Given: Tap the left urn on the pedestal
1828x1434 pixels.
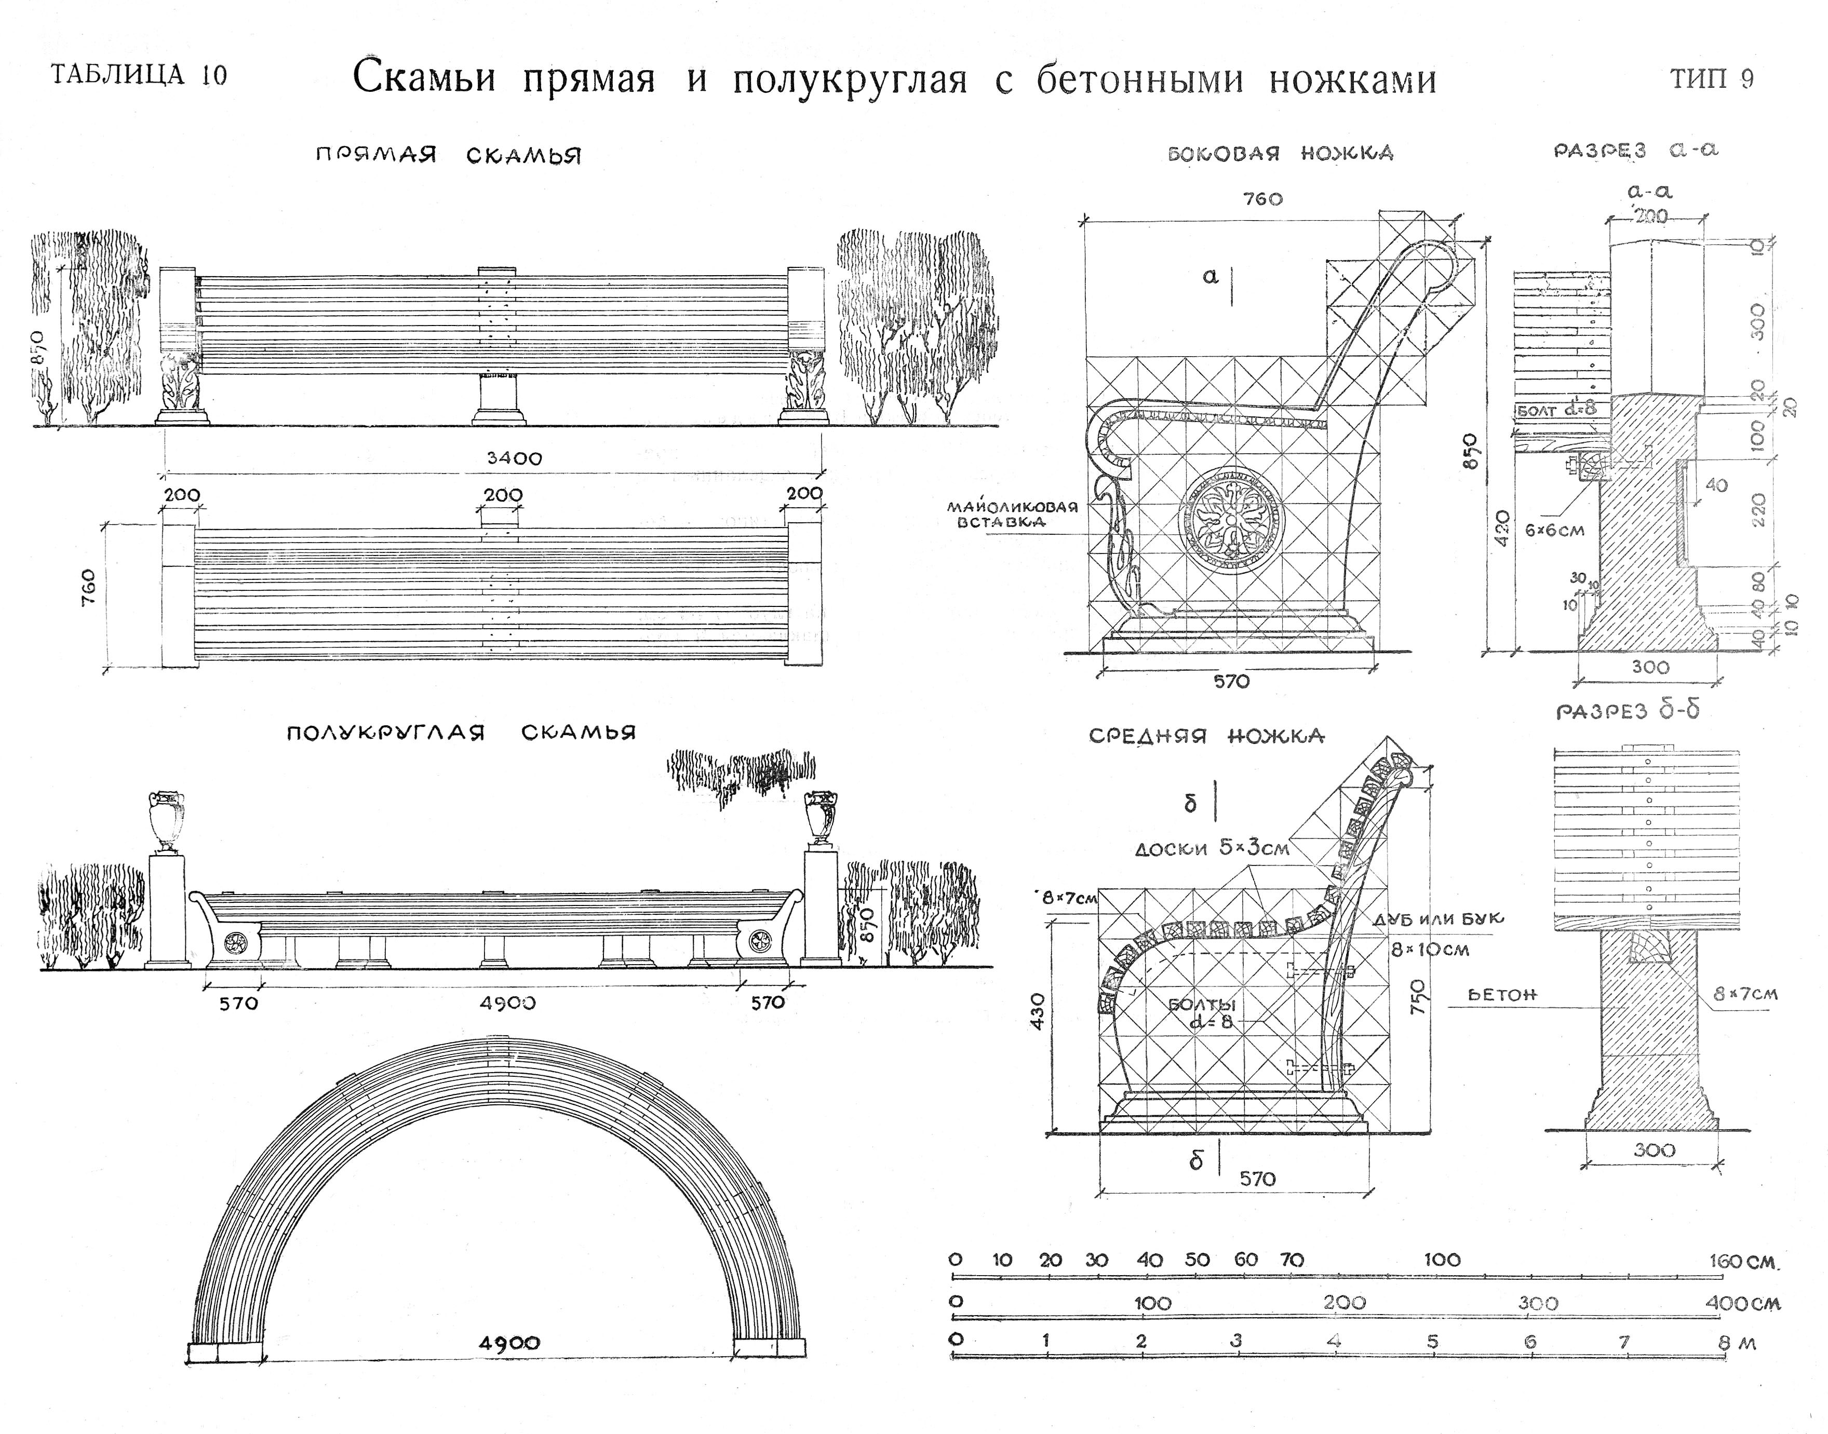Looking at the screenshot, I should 166,820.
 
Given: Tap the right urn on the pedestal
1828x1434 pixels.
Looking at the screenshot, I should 821,816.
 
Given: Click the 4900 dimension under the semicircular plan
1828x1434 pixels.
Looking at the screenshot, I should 509,1343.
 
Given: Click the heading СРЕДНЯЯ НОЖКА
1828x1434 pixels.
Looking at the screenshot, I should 1206,736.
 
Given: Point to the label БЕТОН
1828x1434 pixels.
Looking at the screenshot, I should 1502,995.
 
